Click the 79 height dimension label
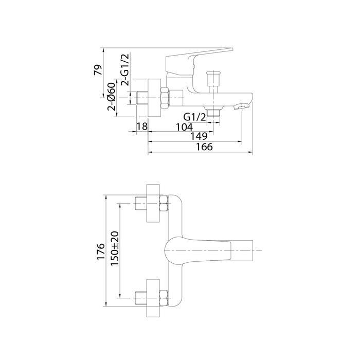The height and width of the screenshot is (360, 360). [98, 70]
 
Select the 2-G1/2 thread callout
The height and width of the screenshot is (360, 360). [125, 69]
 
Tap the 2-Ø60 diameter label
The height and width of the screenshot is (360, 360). [112, 97]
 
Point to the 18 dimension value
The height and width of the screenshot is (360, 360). [142, 127]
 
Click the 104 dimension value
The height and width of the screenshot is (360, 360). [184, 127]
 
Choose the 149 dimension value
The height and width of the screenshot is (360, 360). [199, 136]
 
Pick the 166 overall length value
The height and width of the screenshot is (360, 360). [204, 147]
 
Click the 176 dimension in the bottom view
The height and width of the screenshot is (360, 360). [101, 251]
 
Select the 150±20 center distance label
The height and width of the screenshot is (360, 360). [115, 248]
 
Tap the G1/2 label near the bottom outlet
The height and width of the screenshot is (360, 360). [195, 117]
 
